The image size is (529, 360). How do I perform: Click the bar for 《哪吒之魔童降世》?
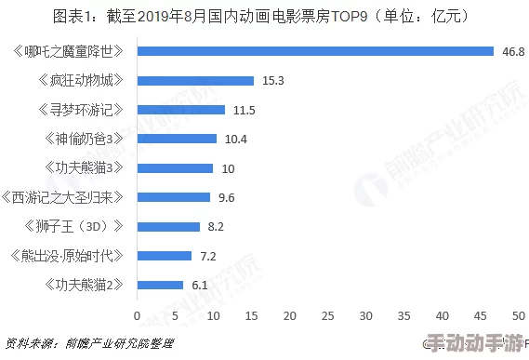point(315,51)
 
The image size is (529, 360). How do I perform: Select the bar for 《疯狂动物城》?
point(195,81)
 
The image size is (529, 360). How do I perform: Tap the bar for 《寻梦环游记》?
point(181,110)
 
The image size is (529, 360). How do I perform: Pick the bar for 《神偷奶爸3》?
point(177,139)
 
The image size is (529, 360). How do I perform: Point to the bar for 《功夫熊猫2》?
point(160,285)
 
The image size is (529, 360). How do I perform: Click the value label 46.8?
point(512,51)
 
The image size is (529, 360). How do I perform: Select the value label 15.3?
point(272,81)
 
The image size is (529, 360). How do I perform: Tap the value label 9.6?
point(226,197)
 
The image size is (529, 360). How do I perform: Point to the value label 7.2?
point(209,255)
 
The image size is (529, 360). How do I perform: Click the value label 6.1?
point(200,285)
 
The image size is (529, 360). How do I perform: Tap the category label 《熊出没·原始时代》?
point(68,255)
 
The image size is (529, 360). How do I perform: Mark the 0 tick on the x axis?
point(138,313)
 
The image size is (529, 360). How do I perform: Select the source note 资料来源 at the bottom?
point(88,344)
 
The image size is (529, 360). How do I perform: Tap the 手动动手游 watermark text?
point(474,344)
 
